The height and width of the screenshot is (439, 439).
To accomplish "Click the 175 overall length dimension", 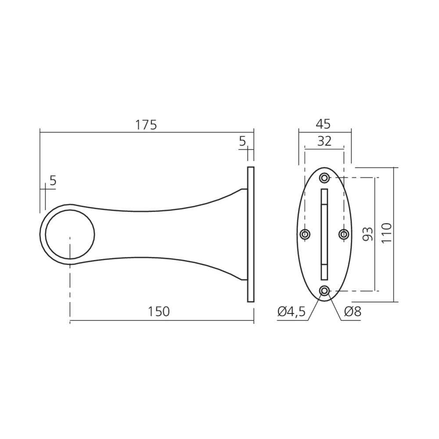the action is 146,125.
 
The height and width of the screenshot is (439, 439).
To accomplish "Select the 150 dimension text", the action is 159,311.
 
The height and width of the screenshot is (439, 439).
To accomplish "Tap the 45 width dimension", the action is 324,124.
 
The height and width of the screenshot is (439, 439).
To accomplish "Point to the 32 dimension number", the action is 324,141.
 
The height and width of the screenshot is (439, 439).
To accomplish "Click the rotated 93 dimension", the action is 368,234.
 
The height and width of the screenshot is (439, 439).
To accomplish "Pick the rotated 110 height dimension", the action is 387,233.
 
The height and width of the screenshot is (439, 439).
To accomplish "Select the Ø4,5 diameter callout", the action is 291,311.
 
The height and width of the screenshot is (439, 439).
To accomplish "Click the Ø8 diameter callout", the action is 353,311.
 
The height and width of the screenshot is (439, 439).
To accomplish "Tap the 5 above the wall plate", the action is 242,141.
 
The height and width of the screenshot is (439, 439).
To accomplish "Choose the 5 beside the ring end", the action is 53,180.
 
